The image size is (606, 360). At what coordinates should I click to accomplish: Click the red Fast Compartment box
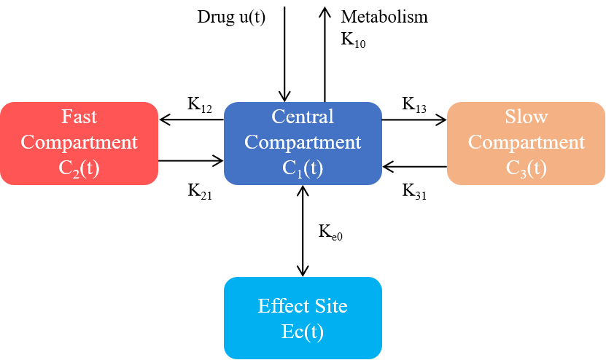(79, 143)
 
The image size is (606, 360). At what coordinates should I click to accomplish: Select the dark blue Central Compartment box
(303, 143)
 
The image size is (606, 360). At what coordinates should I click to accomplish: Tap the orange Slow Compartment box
(526, 143)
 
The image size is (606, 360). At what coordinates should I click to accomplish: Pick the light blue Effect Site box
(303, 318)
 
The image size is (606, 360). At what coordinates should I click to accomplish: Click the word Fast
(79, 117)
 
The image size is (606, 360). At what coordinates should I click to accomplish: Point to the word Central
(303, 117)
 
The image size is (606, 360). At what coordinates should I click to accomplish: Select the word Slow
(526, 117)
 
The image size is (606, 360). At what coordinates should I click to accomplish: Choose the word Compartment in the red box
(79, 142)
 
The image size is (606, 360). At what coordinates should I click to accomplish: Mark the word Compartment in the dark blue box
(303, 142)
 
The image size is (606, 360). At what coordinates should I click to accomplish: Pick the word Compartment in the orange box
(526, 142)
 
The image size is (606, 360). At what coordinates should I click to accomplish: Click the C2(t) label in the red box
(79, 168)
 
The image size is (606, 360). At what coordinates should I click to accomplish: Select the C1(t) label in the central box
(303, 168)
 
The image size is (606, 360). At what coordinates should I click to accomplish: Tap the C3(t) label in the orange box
(526, 168)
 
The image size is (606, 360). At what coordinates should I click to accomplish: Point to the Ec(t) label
(303, 332)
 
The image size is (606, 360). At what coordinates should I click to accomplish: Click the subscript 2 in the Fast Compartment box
(76, 173)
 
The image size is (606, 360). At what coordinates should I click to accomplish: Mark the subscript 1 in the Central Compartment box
(300, 173)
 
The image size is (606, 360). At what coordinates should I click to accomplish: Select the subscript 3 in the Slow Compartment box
(523, 173)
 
